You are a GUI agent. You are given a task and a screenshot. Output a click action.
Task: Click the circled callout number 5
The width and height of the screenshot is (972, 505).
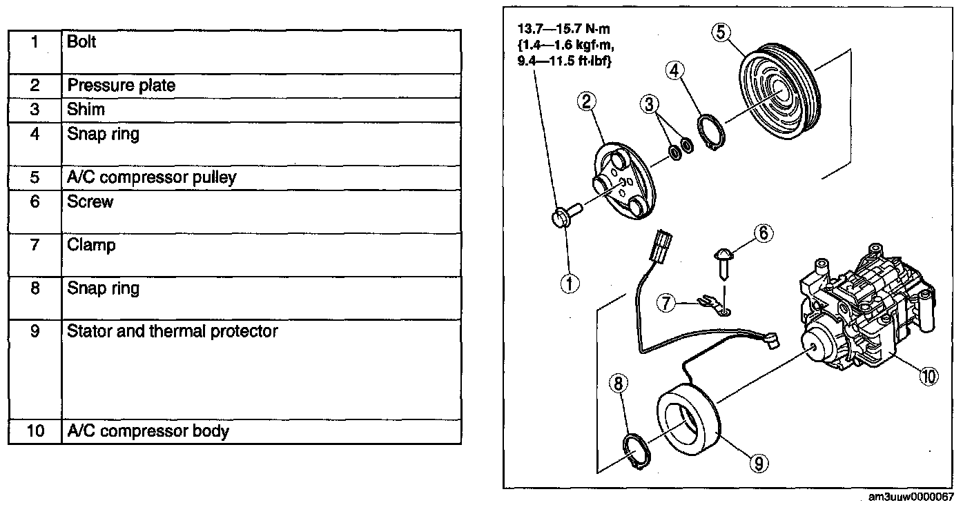[719, 32]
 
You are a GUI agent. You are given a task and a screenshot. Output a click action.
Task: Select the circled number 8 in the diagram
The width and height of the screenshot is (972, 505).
[619, 383]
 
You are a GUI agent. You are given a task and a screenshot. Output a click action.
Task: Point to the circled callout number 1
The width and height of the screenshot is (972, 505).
[570, 283]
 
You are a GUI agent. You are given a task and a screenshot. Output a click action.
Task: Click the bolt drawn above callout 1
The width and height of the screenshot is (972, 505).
[561, 218]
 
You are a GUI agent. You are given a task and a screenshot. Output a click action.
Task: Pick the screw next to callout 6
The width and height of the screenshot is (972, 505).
[722, 261]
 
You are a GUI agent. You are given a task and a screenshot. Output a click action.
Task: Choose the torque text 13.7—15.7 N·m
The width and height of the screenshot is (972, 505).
[563, 30]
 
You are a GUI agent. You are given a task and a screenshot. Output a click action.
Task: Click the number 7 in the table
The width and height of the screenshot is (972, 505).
[35, 245]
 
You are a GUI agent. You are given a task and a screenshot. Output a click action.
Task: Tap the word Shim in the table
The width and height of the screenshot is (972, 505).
[86, 110]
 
